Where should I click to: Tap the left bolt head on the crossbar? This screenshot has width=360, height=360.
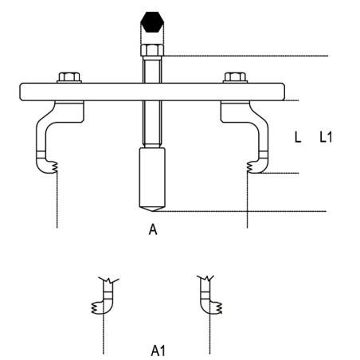69,77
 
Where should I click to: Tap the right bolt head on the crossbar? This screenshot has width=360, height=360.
235,77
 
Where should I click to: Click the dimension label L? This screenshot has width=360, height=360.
298,138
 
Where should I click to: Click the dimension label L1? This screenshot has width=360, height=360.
325,138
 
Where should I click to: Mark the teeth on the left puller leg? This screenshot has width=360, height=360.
53,167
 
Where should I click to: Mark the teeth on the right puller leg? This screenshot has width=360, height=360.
251,167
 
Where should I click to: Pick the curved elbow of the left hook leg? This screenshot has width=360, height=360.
45,119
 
